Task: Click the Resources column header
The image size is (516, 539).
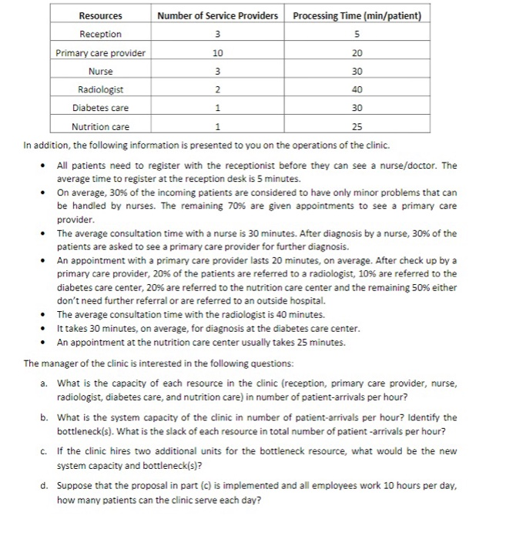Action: pyautogui.click(x=100, y=16)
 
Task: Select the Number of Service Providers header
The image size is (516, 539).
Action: pyautogui.click(x=217, y=16)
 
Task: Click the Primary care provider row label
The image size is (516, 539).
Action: pyautogui.click(x=100, y=53)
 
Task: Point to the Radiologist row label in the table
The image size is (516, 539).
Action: pyautogui.click(x=100, y=90)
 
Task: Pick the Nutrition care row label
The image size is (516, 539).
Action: pyautogui.click(x=100, y=127)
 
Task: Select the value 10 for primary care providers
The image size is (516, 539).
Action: pyautogui.click(x=217, y=53)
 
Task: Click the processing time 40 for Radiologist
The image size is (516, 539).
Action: pyautogui.click(x=357, y=90)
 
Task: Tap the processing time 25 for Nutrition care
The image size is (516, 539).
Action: pyautogui.click(x=357, y=127)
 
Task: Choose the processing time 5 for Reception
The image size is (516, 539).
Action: pyautogui.click(x=357, y=35)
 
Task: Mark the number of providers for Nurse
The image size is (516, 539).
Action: pyautogui.click(x=217, y=72)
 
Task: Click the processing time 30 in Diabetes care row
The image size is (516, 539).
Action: pyautogui.click(x=357, y=109)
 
